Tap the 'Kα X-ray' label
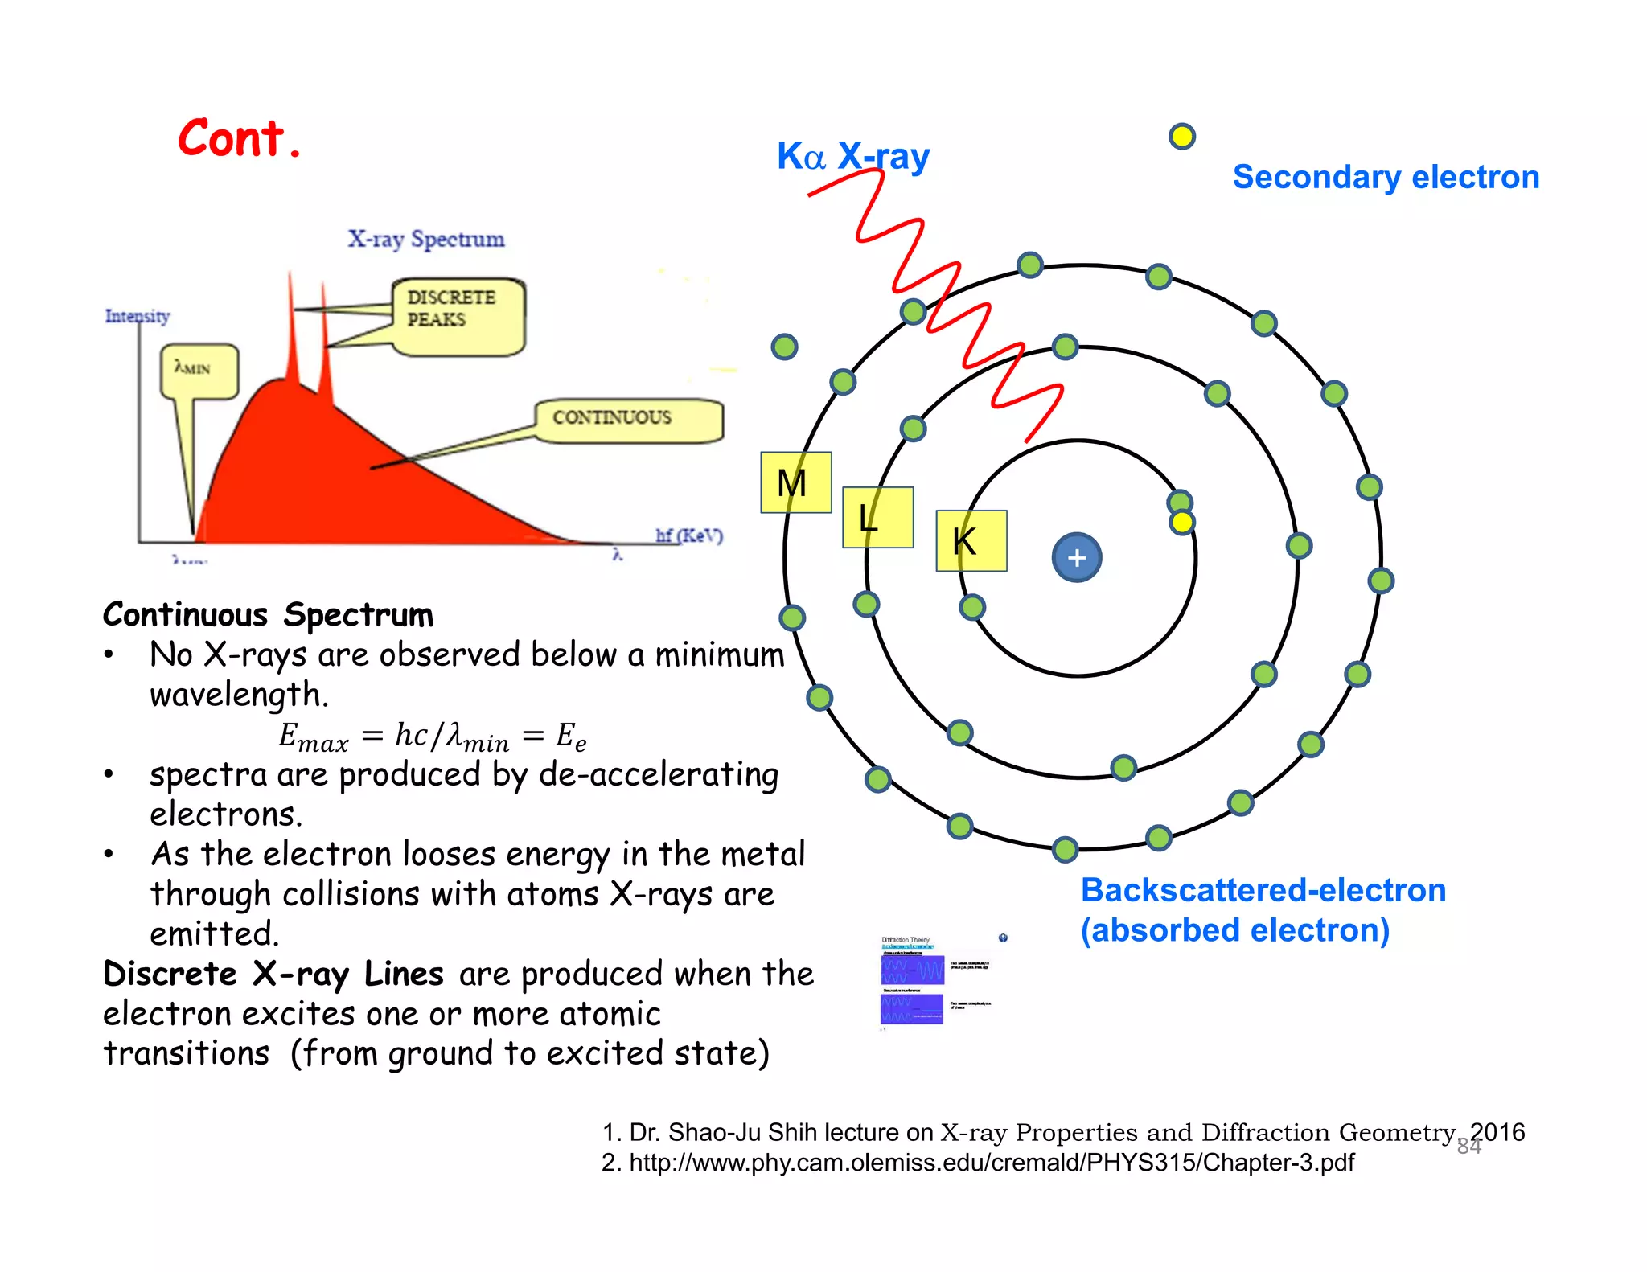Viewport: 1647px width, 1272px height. [852, 156]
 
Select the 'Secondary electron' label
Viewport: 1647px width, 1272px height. [1385, 177]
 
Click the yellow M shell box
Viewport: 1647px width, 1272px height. [795, 482]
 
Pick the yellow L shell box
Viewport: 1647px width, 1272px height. [877, 517]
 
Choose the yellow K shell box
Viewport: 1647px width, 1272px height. [971, 540]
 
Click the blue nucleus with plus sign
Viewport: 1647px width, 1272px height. [1076, 557]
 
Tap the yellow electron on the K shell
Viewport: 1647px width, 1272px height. [1181, 523]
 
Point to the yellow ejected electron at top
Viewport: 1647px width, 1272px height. [1181, 137]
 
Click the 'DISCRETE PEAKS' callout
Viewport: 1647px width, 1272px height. [458, 316]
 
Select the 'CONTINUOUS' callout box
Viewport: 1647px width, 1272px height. [628, 419]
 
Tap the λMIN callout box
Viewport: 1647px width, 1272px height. [199, 371]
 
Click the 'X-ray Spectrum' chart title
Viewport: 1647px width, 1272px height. [425, 239]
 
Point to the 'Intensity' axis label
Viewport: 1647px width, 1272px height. [138, 316]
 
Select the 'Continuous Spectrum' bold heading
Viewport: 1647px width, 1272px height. [268, 615]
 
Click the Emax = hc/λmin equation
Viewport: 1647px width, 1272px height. [432, 736]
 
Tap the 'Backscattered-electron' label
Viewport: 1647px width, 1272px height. [1263, 891]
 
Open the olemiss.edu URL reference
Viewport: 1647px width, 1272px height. [977, 1163]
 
